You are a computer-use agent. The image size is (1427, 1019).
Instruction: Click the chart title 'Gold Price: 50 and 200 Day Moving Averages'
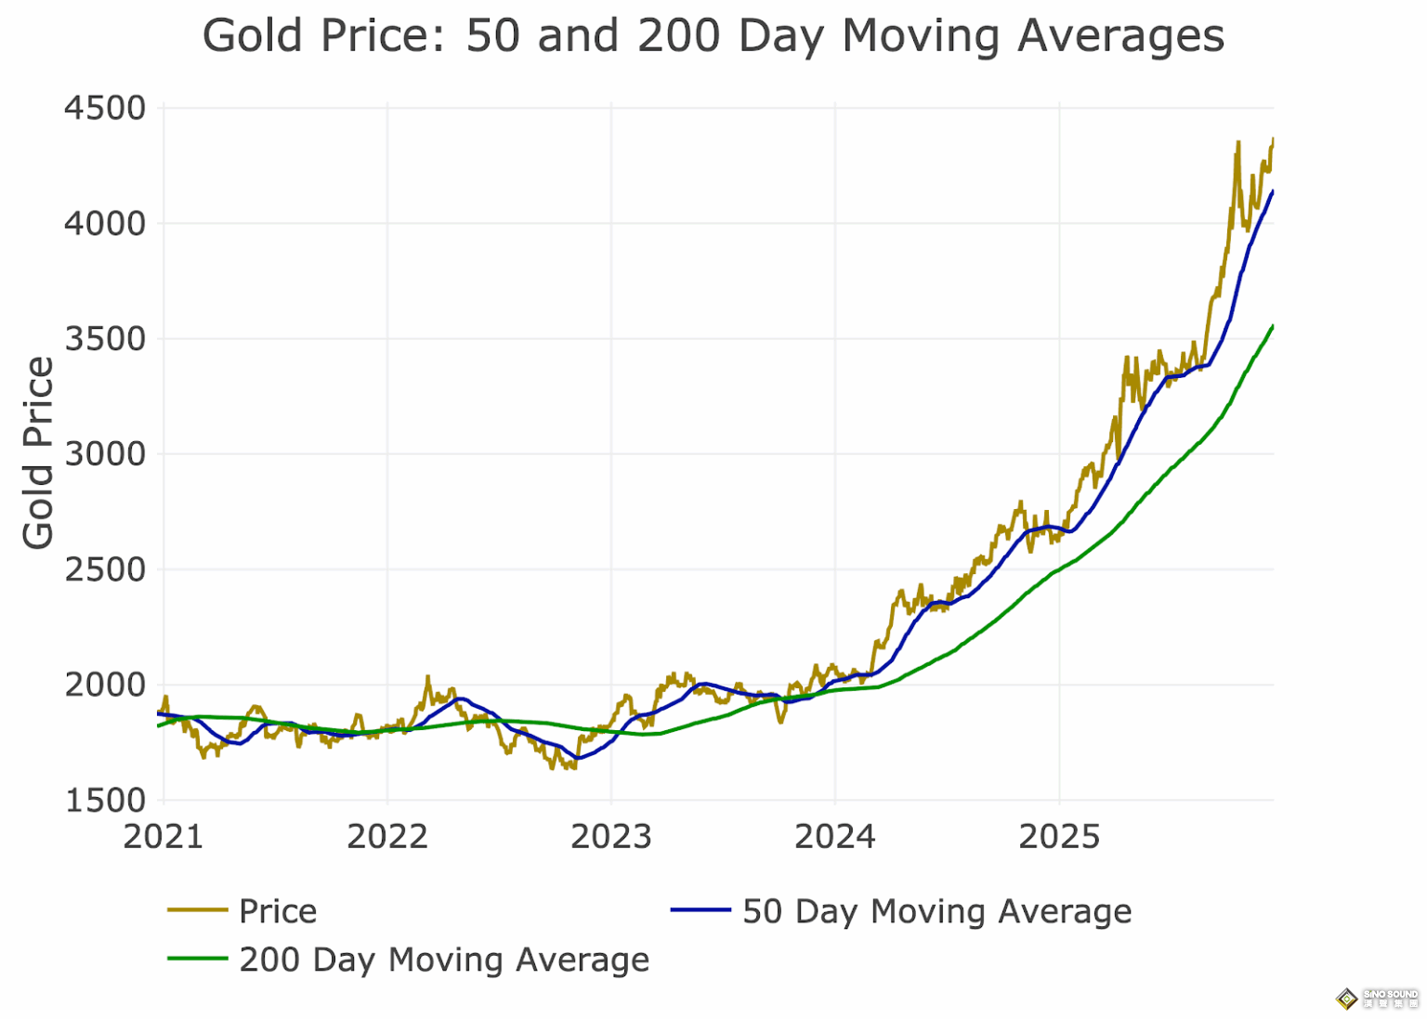click(x=713, y=37)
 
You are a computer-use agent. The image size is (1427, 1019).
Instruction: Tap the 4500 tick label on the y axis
click(x=105, y=109)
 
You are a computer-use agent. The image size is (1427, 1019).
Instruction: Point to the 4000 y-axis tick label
click(x=105, y=224)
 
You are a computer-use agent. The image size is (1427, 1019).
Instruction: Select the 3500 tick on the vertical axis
click(x=105, y=339)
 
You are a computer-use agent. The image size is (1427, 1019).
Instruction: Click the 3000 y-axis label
click(x=105, y=454)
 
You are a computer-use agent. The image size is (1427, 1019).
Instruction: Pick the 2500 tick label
click(x=105, y=569)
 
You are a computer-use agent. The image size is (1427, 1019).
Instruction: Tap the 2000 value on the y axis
click(x=105, y=686)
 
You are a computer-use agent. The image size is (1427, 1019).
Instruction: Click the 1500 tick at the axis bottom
click(x=105, y=801)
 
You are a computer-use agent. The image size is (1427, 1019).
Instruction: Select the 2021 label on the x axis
click(x=164, y=837)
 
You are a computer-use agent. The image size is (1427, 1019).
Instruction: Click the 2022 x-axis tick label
click(x=387, y=837)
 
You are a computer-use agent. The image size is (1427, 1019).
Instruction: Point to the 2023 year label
click(x=611, y=837)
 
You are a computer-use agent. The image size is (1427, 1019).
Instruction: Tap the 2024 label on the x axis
click(x=835, y=837)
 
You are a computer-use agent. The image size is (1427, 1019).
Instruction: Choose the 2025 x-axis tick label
click(x=1059, y=837)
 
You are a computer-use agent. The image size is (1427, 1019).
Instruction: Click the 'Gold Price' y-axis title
click(x=38, y=453)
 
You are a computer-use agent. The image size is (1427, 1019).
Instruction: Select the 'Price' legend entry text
click(x=278, y=911)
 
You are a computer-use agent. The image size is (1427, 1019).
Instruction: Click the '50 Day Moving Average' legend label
click(x=936, y=911)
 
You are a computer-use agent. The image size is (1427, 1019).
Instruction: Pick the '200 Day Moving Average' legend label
click(x=444, y=960)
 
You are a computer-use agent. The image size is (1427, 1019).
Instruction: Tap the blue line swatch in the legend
click(x=700, y=910)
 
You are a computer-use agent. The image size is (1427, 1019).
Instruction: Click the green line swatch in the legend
click(x=197, y=959)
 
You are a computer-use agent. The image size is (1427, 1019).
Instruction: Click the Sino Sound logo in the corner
click(x=1377, y=999)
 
